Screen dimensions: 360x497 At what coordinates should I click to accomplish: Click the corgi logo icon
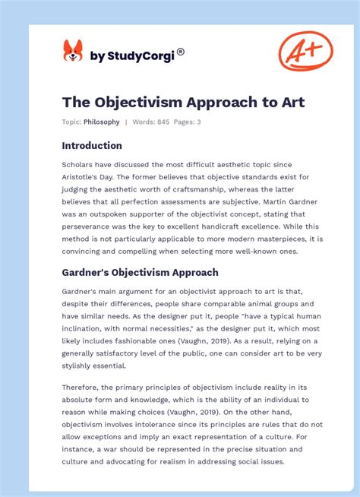[x=73, y=51]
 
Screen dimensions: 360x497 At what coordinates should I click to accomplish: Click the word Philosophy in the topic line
[x=102, y=122]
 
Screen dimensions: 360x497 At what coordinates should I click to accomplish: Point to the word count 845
[x=162, y=122]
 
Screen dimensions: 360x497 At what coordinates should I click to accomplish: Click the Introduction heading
[x=92, y=145]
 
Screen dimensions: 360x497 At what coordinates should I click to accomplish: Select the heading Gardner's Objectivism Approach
[x=140, y=272]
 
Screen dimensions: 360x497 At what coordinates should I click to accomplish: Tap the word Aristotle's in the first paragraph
[x=84, y=177]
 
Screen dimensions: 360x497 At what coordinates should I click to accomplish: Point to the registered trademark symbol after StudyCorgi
[x=180, y=52]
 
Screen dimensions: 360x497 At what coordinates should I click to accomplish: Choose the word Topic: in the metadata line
[x=71, y=122]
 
